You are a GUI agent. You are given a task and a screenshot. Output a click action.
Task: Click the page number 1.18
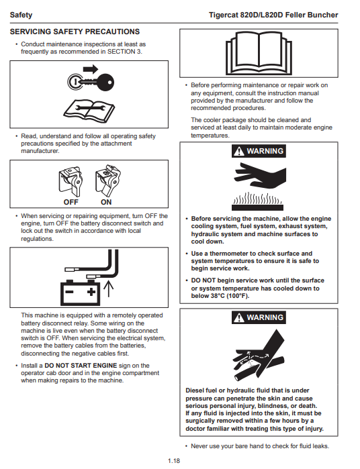174,461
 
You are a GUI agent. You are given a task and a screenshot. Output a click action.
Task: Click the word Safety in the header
21,15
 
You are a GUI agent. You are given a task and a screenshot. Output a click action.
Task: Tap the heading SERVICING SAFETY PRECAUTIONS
75,32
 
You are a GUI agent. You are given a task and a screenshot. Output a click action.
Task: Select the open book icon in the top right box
259,53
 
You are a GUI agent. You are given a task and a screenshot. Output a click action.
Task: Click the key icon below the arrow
91,82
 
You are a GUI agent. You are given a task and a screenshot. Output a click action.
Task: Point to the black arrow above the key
91,69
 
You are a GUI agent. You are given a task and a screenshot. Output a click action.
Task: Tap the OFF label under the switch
71,202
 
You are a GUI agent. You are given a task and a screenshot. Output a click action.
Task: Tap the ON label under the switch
106,202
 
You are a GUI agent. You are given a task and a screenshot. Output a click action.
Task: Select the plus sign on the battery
91,292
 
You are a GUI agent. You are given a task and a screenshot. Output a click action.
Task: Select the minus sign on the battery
69,292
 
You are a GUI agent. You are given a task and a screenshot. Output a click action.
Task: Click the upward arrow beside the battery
108,289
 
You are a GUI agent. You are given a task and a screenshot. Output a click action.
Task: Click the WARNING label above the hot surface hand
259,151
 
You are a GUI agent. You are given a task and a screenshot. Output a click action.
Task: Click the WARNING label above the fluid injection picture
259,317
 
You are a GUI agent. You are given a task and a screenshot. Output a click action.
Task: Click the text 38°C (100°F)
230,296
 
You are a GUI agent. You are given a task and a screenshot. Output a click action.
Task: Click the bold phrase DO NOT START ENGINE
81,366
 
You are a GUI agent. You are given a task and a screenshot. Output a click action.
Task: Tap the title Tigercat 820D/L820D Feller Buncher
273,15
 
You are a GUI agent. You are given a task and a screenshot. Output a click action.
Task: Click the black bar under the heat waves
257,207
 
